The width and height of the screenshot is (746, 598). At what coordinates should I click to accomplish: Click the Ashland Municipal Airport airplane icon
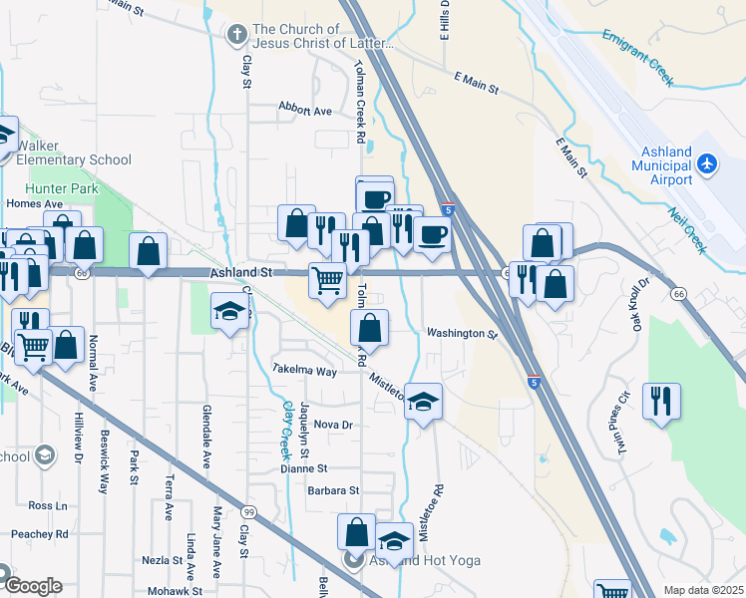(707, 161)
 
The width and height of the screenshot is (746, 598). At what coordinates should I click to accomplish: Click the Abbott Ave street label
(305, 111)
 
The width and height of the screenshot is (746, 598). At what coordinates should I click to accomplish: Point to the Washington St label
(461, 334)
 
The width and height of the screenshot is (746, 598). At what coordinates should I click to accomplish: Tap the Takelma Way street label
(305, 370)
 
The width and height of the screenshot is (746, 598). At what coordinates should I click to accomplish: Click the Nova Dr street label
(334, 425)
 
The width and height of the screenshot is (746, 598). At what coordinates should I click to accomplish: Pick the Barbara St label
(332, 490)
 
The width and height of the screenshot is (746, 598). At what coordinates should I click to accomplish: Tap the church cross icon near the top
(236, 36)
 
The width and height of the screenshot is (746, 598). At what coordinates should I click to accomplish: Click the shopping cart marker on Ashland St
(327, 281)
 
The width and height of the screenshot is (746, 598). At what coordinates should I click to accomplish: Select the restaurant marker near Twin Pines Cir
(661, 401)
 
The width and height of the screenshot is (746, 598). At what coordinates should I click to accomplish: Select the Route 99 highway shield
(247, 511)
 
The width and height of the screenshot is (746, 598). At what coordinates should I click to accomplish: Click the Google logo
(32, 585)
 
